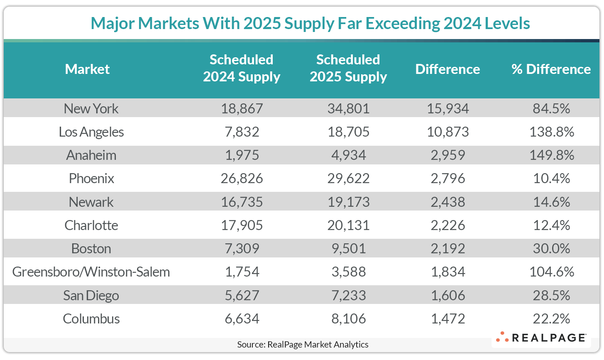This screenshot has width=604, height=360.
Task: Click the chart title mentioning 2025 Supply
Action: [x=310, y=23]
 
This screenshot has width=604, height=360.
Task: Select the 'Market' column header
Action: [x=87, y=69]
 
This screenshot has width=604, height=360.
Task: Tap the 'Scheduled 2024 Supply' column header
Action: [x=241, y=69]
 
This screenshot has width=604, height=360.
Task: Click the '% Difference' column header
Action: [x=551, y=69]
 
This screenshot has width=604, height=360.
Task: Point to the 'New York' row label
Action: [x=91, y=109]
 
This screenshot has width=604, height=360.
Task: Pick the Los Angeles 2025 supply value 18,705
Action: [x=348, y=132]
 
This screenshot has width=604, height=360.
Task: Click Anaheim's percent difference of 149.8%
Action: [x=551, y=155]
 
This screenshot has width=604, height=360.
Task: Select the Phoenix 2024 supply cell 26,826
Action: [x=241, y=179]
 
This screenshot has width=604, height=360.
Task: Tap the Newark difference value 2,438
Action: [x=447, y=202]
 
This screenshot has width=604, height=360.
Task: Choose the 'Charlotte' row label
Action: [x=91, y=225]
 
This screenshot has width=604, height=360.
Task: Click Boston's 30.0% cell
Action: [x=551, y=249]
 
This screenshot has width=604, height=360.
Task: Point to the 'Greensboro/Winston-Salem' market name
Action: [x=91, y=272]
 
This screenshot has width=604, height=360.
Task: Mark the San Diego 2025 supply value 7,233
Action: [x=348, y=295]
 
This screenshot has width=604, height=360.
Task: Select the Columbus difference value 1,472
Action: [x=447, y=319]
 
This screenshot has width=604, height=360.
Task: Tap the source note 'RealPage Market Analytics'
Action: [x=303, y=344]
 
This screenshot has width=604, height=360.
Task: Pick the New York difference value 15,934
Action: [x=447, y=109]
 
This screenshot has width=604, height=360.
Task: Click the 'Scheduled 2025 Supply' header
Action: [x=348, y=69]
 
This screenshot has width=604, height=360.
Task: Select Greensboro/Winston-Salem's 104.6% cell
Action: [x=551, y=272]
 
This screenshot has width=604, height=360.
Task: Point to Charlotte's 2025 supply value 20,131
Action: [x=348, y=225]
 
